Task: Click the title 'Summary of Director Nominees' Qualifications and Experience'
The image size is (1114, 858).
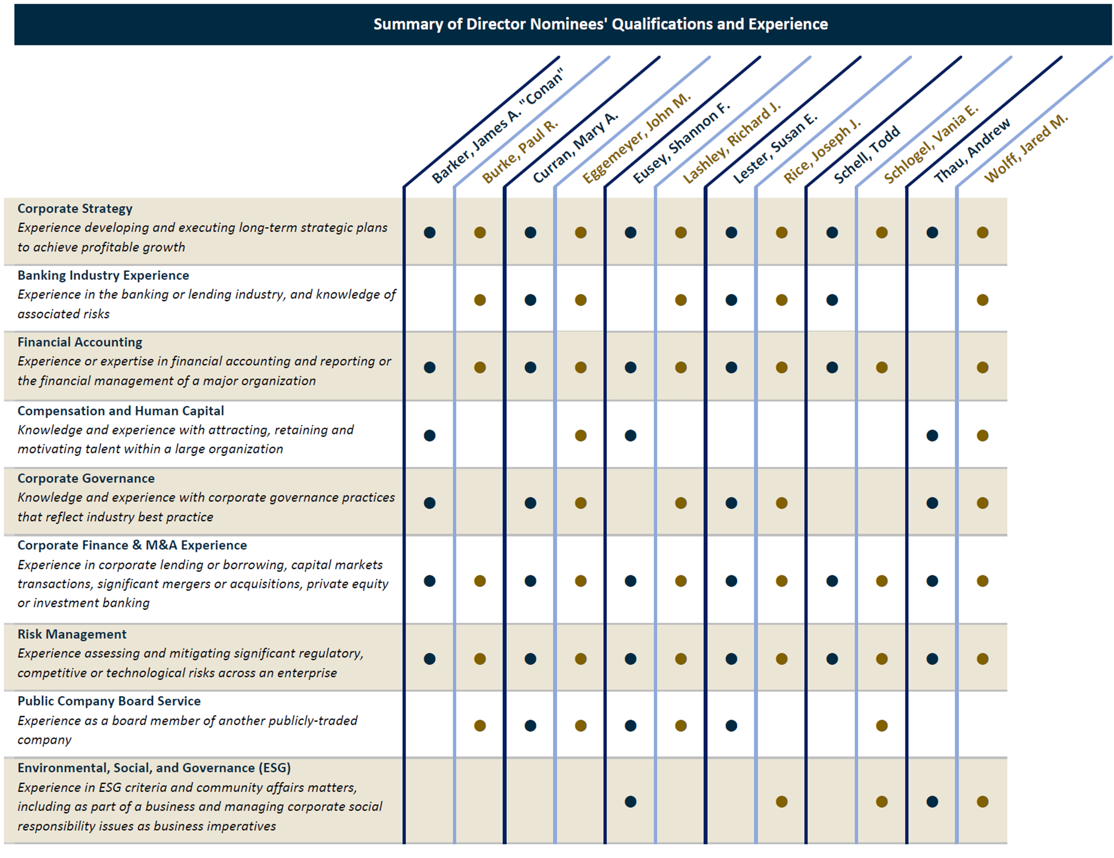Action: pos(600,24)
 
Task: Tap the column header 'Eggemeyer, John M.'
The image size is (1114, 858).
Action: pos(637,138)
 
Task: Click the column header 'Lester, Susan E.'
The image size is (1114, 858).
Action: pos(775,148)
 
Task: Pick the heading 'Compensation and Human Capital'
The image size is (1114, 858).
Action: pos(121,411)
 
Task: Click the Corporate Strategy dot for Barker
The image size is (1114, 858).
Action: pos(430,233)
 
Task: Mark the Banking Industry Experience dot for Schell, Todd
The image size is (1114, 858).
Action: pos(832,300)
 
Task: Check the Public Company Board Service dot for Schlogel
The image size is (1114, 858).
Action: pos(882,726)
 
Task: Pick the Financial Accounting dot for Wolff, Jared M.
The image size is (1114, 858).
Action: pos(982,367)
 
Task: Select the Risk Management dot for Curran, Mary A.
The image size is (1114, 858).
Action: pos(530,659)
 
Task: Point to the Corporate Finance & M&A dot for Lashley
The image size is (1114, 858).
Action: pos(681,581)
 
